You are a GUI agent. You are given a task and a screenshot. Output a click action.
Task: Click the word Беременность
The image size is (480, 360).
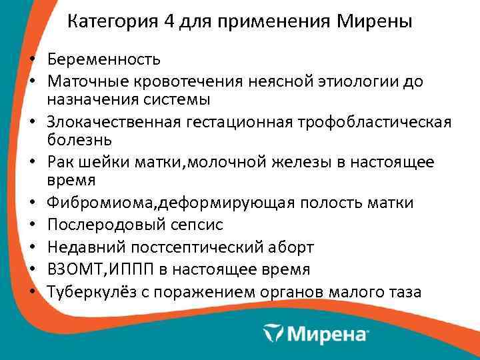tap(103, 59)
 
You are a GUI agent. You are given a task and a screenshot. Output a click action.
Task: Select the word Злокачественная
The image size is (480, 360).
tap(111, 122)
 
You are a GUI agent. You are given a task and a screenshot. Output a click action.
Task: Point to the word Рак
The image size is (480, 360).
tap(59, 163)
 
